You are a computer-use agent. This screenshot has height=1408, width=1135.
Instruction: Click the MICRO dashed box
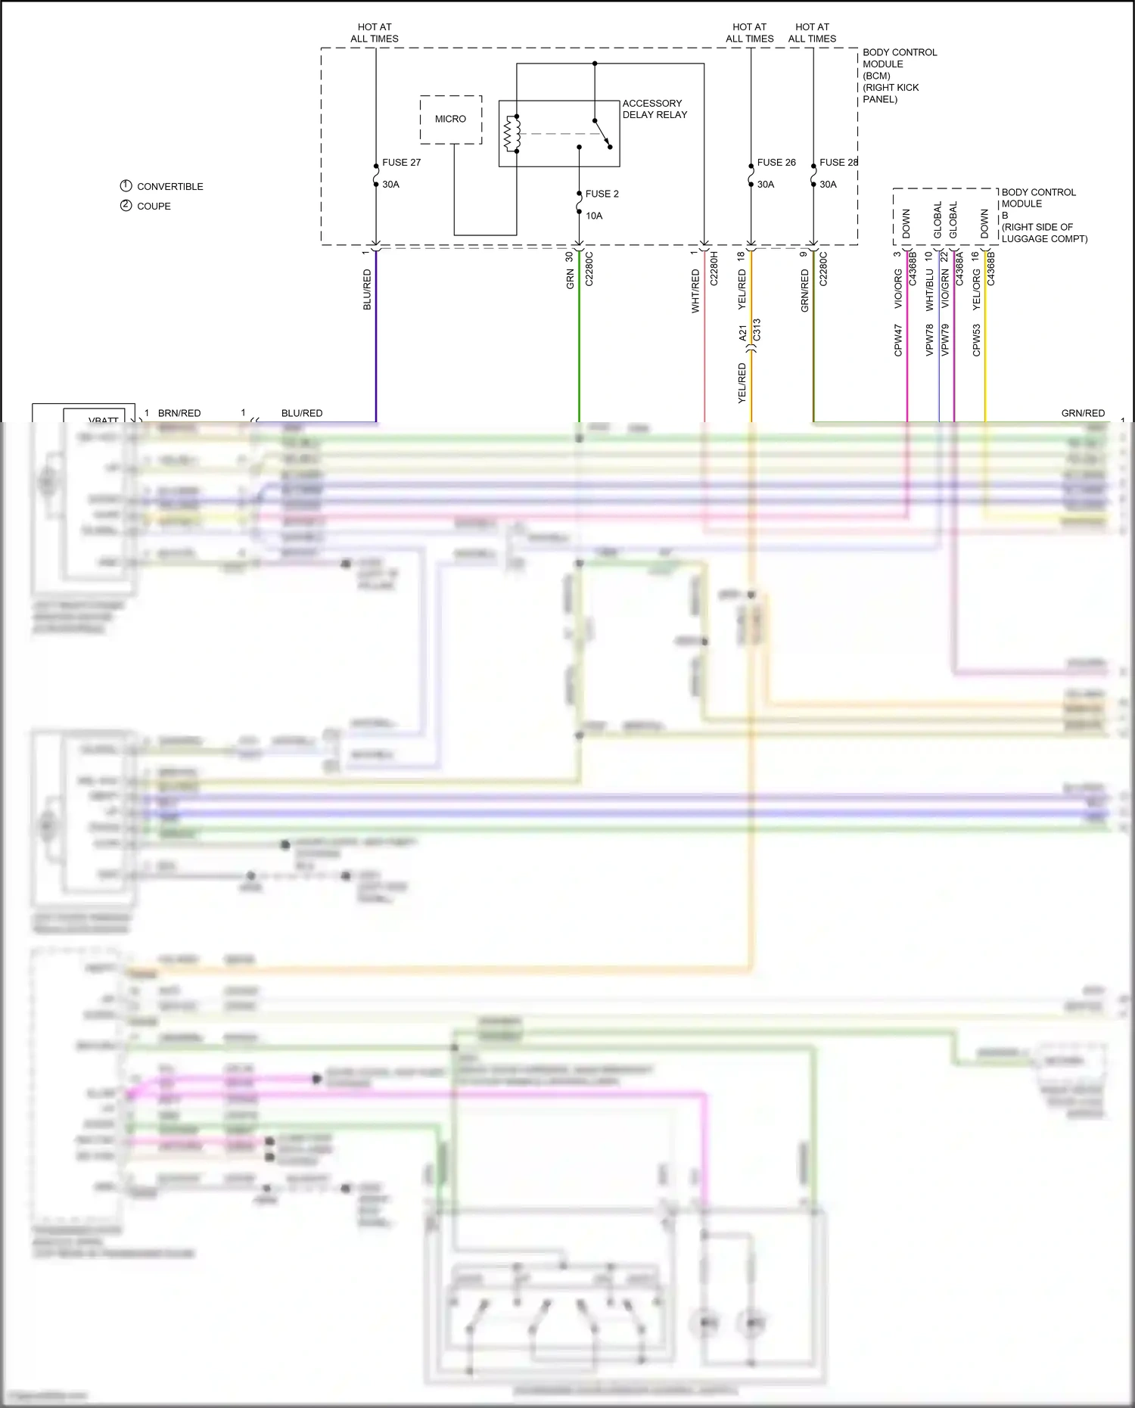tap(451, 120)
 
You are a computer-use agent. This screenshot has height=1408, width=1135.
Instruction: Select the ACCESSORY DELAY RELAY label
tap(655, 109)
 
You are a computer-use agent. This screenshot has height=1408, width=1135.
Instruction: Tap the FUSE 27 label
tap(401, 163)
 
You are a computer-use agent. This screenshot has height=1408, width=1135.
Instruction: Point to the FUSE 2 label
tap(602, 194)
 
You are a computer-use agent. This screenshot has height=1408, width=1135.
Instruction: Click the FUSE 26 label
tap(776, 163)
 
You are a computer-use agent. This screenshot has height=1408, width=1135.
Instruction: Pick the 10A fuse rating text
tap(594, 216)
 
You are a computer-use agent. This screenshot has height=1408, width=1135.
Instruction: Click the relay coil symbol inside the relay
tap(512, 134)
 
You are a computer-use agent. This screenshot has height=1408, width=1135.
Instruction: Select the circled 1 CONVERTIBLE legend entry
tap(162, 186)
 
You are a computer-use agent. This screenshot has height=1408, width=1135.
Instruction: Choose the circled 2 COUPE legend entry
tap(146, 206)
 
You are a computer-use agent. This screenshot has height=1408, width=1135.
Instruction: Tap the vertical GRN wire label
tap(571, 279)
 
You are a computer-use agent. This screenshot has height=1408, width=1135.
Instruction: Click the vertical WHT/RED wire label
tap(695, 291)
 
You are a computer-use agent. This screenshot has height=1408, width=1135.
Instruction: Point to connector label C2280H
tap(714, 269)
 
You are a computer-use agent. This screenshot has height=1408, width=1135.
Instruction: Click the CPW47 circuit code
tap(898, 340)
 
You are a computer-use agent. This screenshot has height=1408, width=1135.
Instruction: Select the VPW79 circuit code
tap(945, 340)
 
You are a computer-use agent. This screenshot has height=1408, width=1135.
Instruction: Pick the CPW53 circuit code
tap(976, 340)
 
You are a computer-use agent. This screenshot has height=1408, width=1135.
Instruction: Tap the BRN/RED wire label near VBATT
tap(179, 413)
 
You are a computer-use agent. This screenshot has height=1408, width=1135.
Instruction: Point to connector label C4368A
tap(959, 269)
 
